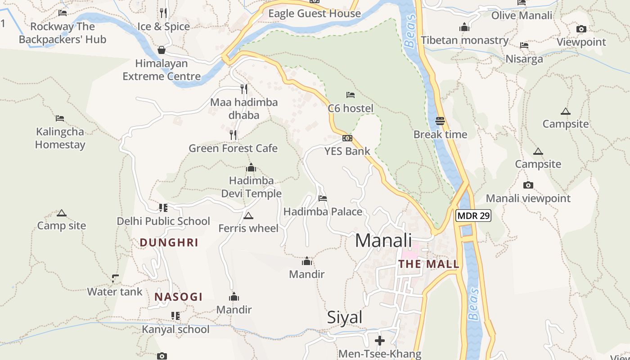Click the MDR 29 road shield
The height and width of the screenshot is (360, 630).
pos(472,216)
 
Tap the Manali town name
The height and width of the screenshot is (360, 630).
pos(383,241)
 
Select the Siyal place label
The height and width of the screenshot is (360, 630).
pos(345,318)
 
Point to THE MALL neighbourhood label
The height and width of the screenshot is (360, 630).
pos(429,264)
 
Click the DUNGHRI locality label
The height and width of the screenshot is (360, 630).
pos(169,243)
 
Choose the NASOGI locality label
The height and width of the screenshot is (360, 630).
pos(178,297)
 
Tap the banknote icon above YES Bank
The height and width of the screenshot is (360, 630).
pos(347,138)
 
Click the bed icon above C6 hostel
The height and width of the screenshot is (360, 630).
pos(351,95)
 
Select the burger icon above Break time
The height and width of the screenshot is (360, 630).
pos(440,121)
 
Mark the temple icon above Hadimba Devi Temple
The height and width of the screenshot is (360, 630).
pos(251,168)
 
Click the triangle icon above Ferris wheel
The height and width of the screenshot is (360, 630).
pos(248,216)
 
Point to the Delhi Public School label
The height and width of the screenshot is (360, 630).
pos(163,221)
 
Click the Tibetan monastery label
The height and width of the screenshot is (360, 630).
pos(464,40)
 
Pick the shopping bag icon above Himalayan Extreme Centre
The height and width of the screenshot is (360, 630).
pos(162,50)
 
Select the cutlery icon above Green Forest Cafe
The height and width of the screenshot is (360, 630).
pos(233,135)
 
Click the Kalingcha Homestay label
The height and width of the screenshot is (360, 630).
pos(60,138)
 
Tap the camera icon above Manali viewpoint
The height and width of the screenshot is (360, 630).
pos(528,185)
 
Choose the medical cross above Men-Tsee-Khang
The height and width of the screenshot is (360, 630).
pos(380,341)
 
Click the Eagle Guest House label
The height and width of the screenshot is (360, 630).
pos(315,13)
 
